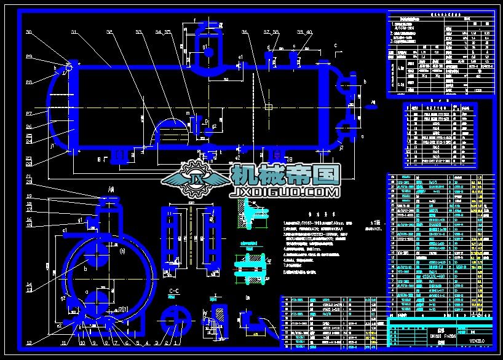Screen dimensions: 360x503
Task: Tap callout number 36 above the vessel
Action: pyautogui.click(x=245, y=32)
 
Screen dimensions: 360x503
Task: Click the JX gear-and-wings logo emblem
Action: pyautogui.click(x=198, y=178)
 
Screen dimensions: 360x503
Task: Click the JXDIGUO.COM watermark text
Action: pyautogui.click(x=285, y=192)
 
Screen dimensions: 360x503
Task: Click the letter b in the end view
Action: pyautogui.click(x=85, y=268)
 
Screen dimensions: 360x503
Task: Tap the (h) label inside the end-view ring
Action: pyautogui.click(x=122, y=250)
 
